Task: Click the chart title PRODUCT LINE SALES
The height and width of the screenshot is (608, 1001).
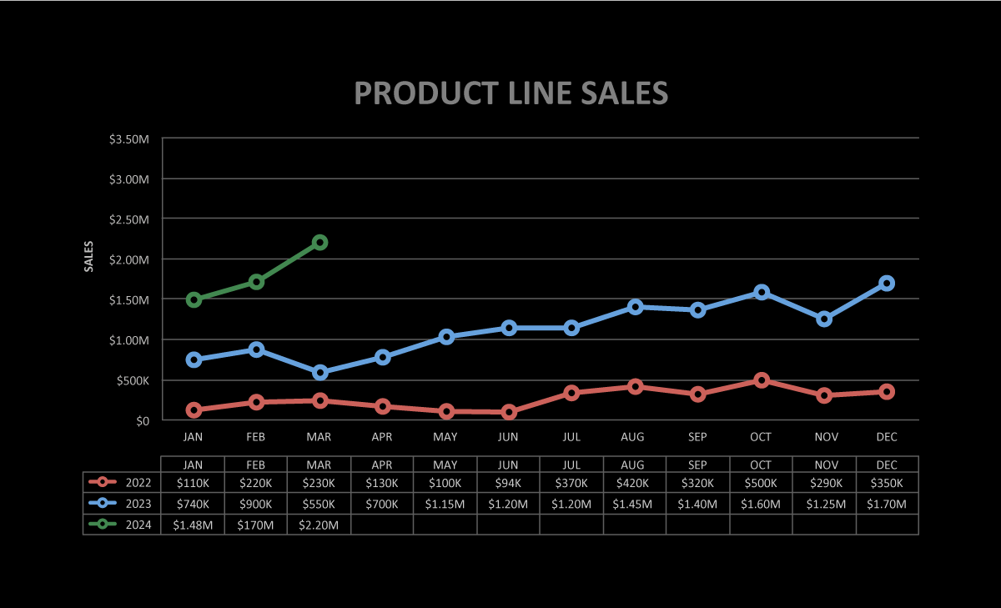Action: pyautogui.click(x=511, y=93)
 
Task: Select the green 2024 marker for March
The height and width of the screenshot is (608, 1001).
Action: pyautogui.click(x=319, y=243)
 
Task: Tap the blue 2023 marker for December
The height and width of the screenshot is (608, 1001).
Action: pyautogui.click(x=887, y=284)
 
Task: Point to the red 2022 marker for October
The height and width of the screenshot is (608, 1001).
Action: pyautogui.click(x=761, y=380)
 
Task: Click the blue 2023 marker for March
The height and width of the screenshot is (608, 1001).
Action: pyautogui.click(x=319, y=373)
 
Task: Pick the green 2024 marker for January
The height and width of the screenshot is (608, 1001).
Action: pyautogui.click(x=194, y=299)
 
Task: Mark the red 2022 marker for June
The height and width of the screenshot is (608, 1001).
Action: pyautogui.click(x=509, y=412)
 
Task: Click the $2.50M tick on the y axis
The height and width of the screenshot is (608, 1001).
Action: pyautogui.click(x=129, y=219)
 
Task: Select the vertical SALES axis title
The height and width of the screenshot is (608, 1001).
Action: pyautogui.click(x=89, y=256)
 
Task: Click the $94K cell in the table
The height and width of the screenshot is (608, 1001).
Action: pyautogui.click(x=509, y=483)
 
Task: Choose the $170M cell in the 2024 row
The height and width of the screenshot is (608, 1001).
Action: pyautogui.click(x=256, y=525)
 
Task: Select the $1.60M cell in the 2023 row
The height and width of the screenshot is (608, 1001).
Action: pyautogui.click(x=761, y=504)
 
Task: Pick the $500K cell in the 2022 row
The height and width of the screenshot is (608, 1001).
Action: pyautogui.click(x=761, y=483)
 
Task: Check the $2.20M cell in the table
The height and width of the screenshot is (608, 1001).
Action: pyautogui.click(x=319, y=525)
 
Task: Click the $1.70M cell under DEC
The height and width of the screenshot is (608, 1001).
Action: pyautogui.click(x=887, y=504)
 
